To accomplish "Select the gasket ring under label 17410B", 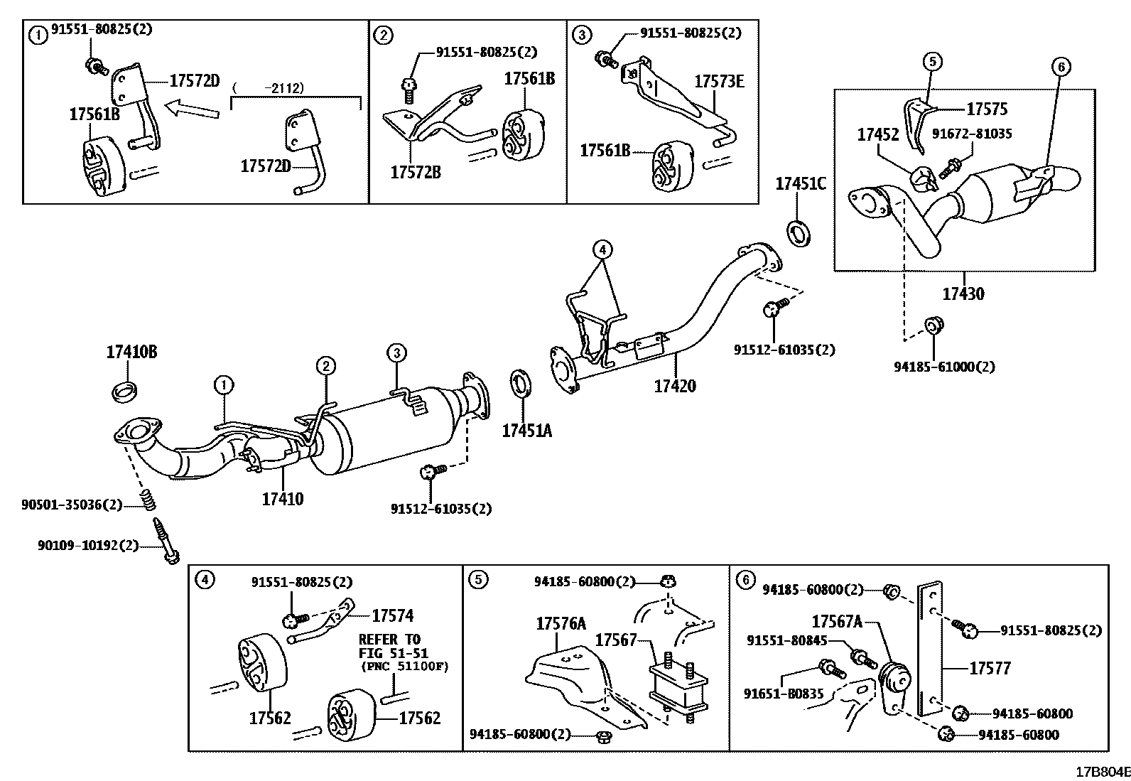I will point(126,390).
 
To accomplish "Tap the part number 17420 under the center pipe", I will point(675,386).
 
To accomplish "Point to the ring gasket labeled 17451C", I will point(799,232).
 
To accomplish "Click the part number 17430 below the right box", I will point(963,293).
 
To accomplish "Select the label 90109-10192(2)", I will point(88,546).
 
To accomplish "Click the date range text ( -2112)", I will point(268,87).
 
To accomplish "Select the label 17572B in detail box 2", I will point(416,171).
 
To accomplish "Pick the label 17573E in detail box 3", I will point(719,82).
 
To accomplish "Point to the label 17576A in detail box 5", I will point(561,624).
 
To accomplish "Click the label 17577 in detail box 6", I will point(989,668).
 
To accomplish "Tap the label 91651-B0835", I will point(784,694).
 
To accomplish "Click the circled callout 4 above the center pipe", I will point(602,249).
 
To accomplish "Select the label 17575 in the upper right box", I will point(986,109).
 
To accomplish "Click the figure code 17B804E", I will point(1101,772).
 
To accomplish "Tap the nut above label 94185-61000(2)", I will point(933,326).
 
